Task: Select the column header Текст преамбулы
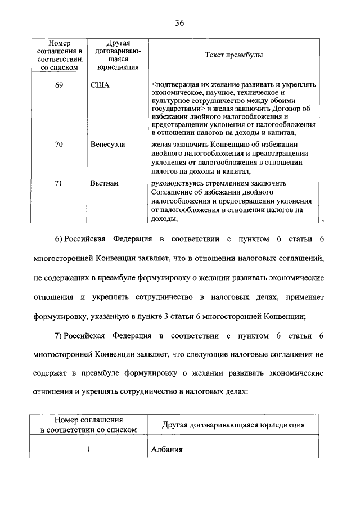pos(233,56)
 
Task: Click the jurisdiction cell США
pos(99,85)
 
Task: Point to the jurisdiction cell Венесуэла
pos(107,145)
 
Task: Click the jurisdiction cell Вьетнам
pos(104,183)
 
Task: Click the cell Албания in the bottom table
pos(167,450)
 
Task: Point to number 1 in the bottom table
pos(88,450)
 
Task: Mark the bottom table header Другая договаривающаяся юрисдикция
pos(233,425)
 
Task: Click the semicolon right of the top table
pos(322,220)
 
